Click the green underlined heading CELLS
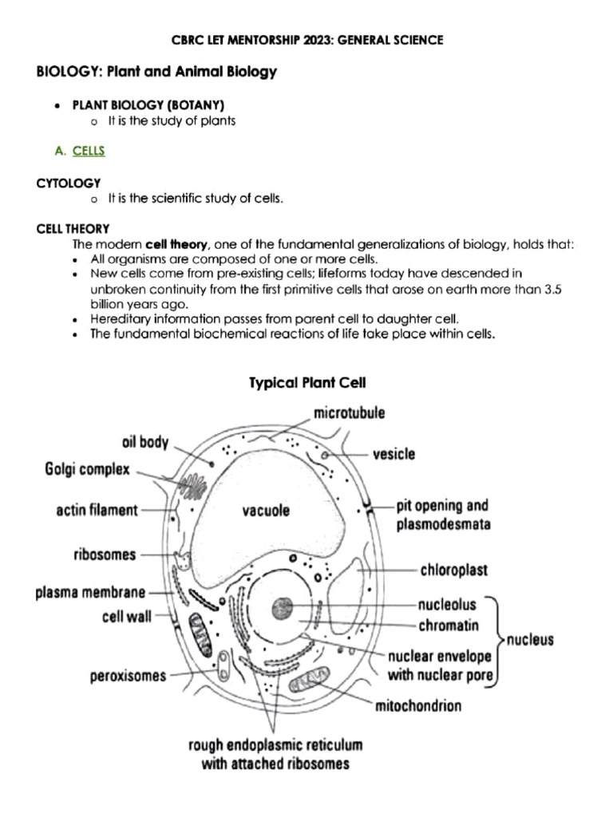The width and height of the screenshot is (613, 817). tap(89, 150)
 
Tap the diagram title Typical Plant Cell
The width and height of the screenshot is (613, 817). tap(307, 383)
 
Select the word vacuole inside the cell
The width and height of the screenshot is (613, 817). tap(266, 508)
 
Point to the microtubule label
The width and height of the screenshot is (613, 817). tap(349, 413)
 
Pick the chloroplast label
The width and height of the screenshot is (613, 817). tap(454, 571)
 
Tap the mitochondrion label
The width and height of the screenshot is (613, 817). tap(418, 706)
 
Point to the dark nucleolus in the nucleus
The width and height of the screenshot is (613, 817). tap(282, 609)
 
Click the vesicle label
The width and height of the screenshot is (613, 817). tap(394, 454)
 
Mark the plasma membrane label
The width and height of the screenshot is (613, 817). tap(90, 593)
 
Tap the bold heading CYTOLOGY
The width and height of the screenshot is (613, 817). tap(69, 183)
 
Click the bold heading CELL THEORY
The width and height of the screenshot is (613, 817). tap(73, 229)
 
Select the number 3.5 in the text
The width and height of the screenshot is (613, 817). tap(553, 290)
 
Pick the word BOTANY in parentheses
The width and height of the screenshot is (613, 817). tap(200, 105)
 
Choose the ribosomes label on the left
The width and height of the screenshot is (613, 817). tap(106, 554)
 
